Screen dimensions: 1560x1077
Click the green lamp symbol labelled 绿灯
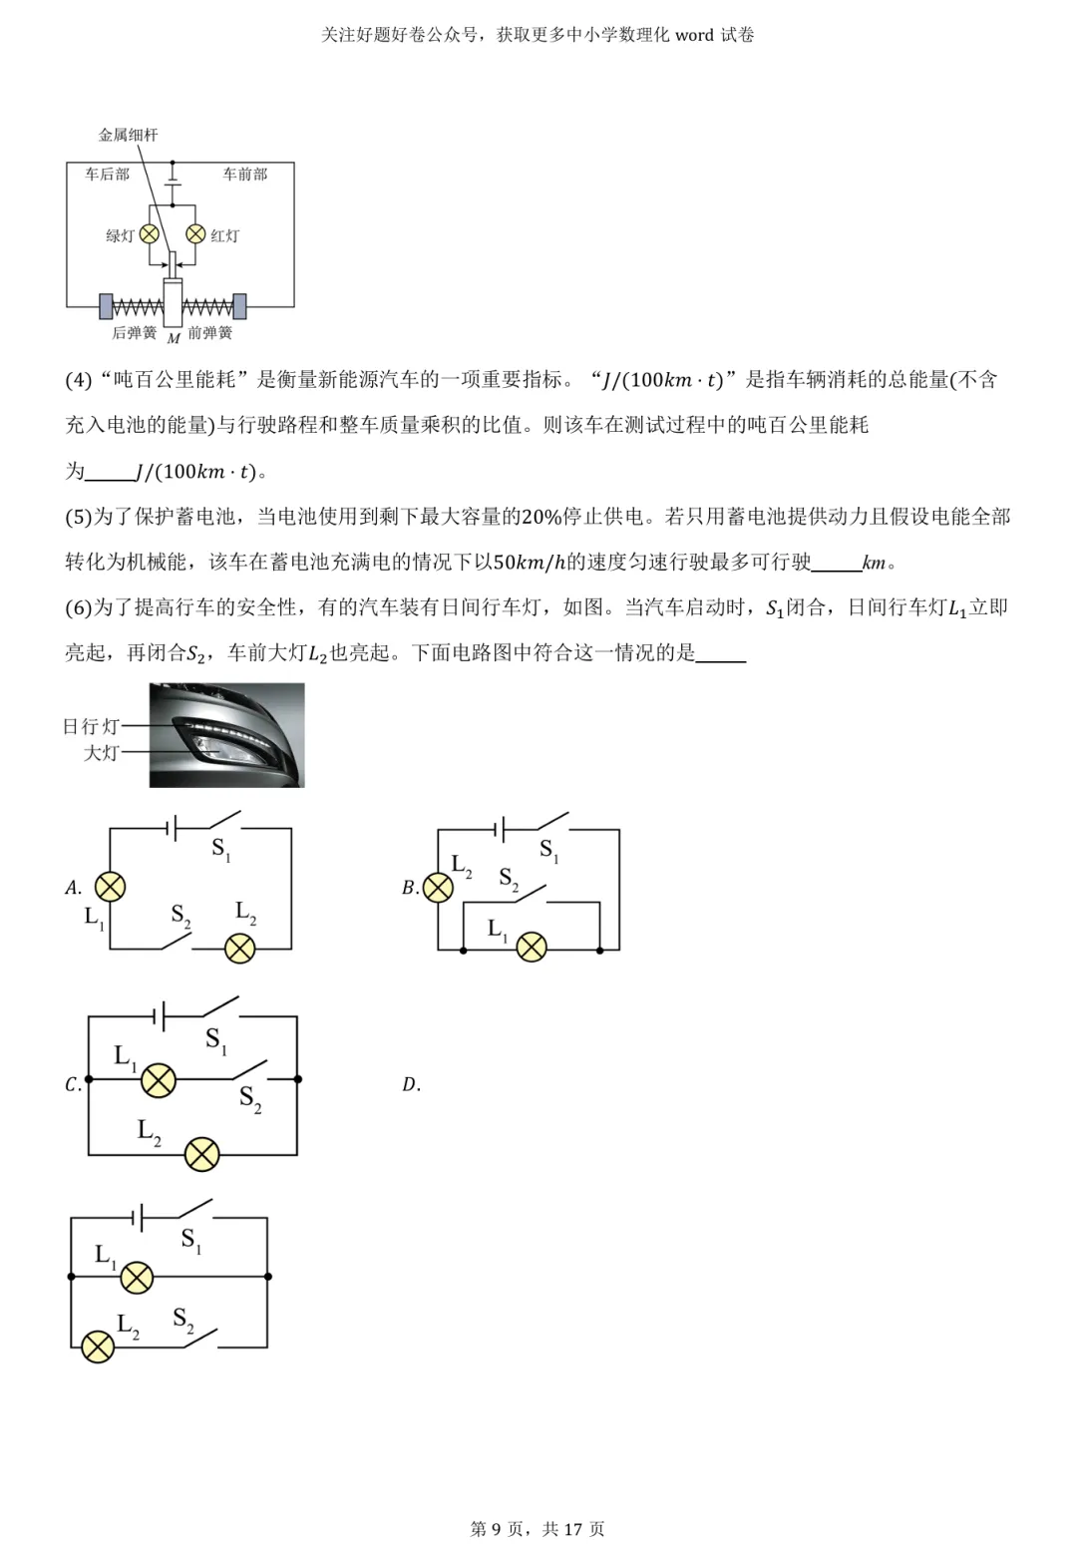click(149, 234)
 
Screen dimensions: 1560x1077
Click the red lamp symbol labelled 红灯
click(196, 234)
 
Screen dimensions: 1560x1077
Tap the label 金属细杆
click(128, 135)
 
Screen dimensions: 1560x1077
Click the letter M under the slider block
click(174, 339)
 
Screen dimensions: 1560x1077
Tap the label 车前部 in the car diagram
click(244, 175)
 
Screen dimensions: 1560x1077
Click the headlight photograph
click(227, 735)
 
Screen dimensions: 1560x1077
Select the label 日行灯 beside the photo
click(91, 726)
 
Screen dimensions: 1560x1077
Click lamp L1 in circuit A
click(110, 887)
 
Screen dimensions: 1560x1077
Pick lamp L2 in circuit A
click(240, 947)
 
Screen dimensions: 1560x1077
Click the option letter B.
click(410, 888)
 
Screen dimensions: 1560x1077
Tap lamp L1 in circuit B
click(532, 947)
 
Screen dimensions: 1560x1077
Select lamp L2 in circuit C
click(202, 1154)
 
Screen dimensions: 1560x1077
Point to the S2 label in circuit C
click(250, 1099)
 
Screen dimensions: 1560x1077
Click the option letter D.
click(411, 1085)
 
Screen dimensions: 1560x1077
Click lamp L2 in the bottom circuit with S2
click(98, 1347)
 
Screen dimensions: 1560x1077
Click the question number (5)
click(78, 517)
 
